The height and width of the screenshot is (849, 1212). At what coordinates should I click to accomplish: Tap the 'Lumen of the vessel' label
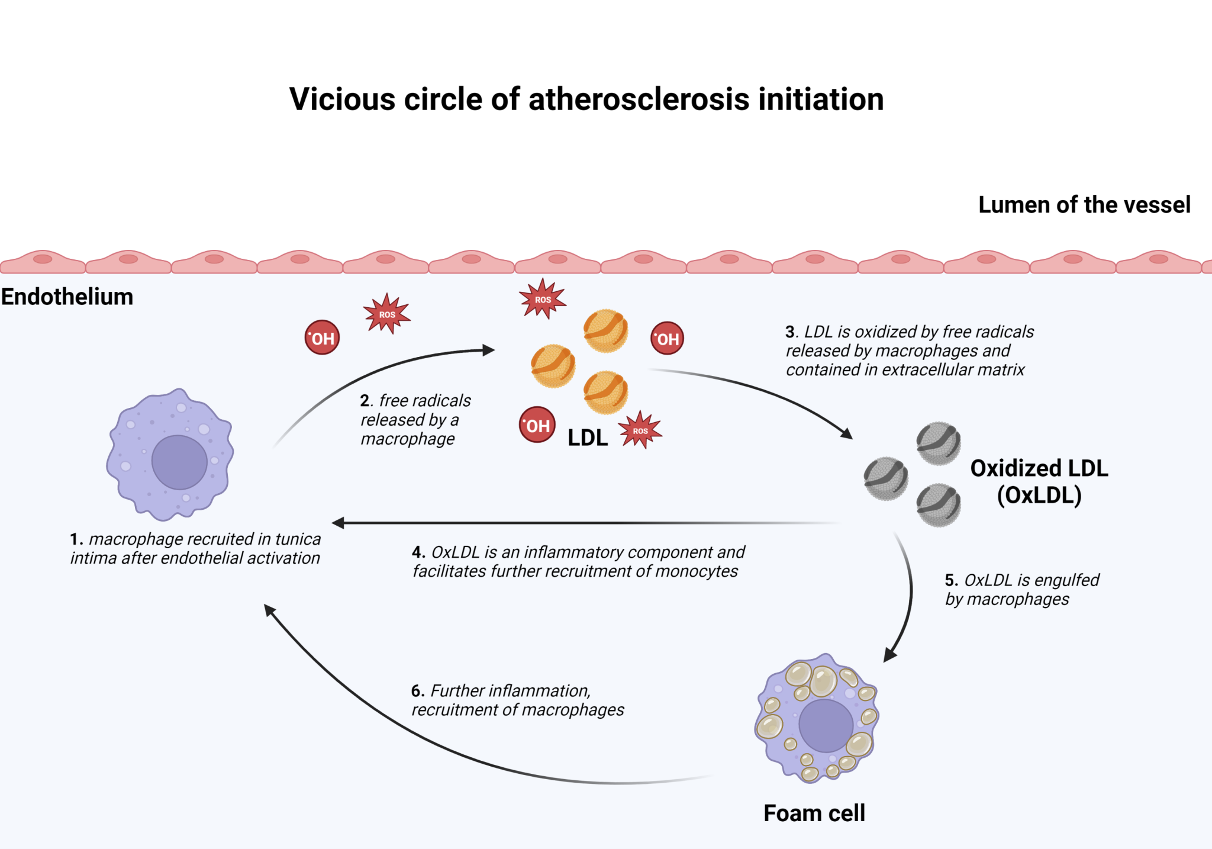[1084, 205]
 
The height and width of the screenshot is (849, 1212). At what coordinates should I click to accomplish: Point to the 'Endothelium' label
[67, 297]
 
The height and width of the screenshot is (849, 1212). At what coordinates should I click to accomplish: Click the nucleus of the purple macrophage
[179, 462]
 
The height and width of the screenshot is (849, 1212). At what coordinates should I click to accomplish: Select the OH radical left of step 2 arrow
[322, 338]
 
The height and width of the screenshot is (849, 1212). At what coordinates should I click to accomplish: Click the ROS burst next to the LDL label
[640, 430]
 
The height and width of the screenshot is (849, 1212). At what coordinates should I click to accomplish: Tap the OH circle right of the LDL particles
[667, 339]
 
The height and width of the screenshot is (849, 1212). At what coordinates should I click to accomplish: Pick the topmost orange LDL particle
[605, 330]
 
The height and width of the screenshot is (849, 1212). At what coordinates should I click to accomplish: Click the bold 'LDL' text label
[588, 438]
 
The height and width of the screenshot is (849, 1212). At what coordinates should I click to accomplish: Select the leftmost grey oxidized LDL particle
[886, 478]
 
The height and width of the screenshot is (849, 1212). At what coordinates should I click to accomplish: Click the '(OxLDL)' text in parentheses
[1039, 495]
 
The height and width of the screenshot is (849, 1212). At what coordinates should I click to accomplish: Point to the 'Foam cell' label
[814, 813]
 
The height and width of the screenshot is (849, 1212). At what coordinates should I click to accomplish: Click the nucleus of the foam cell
[826, 725]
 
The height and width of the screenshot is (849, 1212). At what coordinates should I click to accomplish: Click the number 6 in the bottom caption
[417, 691]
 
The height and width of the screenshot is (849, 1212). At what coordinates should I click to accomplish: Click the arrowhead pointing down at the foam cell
[889, 655]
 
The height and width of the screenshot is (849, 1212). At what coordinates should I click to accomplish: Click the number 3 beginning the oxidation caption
[790, 332]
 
